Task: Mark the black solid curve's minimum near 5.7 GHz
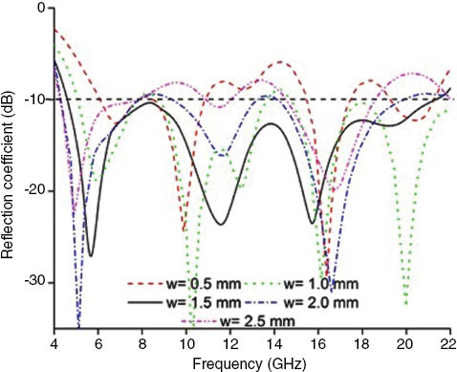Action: click(91, 254)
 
